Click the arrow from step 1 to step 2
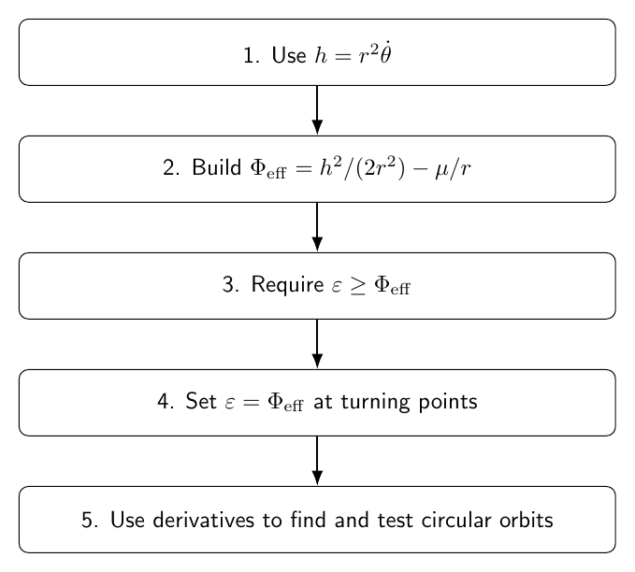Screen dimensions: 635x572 (x=318, y=110)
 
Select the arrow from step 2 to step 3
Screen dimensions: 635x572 (x=318, y=227)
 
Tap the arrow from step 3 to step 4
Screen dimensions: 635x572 (x=318, y=344)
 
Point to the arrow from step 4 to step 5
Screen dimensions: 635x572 (x=318, y=461)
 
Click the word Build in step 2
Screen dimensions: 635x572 (x=217, y=167)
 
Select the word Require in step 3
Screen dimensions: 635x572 (x=287, y=285)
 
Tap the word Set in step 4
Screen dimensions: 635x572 (x=201, y=401)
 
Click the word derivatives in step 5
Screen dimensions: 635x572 (x=203, y=520)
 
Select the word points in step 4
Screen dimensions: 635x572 (x=448, y=403)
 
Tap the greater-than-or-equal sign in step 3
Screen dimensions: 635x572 (x=358, y=285)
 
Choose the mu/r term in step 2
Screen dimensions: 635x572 (x=454, y=168)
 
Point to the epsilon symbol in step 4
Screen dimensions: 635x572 (x=230, y=403)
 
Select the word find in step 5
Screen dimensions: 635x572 (x=308, y=520)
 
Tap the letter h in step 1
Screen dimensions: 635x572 (x=321, y=54)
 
